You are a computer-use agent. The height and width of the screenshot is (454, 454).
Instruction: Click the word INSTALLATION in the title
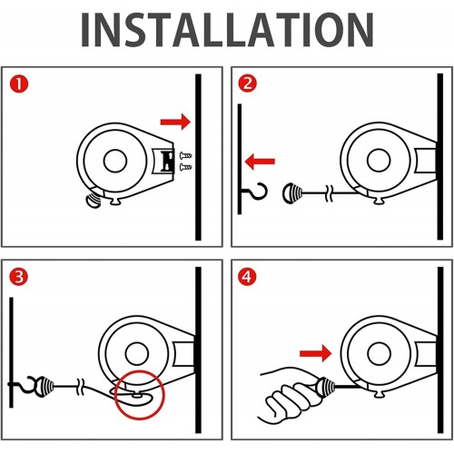tap(227, 30)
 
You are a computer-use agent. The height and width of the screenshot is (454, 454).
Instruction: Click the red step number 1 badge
tap(19, 84)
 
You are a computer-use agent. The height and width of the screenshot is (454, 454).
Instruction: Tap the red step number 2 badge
tap(247, 84)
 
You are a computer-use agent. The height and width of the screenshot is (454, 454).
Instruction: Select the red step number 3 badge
tap(19, 277)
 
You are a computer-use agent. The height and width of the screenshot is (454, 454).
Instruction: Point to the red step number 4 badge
tap(247, 277)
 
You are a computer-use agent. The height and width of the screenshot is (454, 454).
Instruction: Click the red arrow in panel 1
tap(175, 122)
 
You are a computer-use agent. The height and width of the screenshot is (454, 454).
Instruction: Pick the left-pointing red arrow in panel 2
tap(260, 162)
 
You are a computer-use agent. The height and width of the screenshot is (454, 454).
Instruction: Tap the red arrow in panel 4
tap(316, 353)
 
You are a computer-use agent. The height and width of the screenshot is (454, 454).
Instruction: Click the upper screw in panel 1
tap(185, 156)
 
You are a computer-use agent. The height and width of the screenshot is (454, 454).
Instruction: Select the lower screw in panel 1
tap(185, 167)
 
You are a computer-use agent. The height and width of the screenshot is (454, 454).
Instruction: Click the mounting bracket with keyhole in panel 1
tap(164, 162)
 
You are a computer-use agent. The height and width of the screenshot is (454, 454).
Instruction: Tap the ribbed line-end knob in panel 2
tap(292, 193)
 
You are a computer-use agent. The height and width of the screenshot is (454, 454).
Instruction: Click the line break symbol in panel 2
tap(330, 193)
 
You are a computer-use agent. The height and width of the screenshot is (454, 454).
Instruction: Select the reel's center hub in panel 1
tap(115, 161)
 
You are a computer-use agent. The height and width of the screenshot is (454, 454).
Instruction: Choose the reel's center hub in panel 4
tap(379, 353)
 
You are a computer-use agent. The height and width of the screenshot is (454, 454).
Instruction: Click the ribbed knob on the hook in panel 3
tap(44, 386)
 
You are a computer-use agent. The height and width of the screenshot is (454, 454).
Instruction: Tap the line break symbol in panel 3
tap(81, 387)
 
